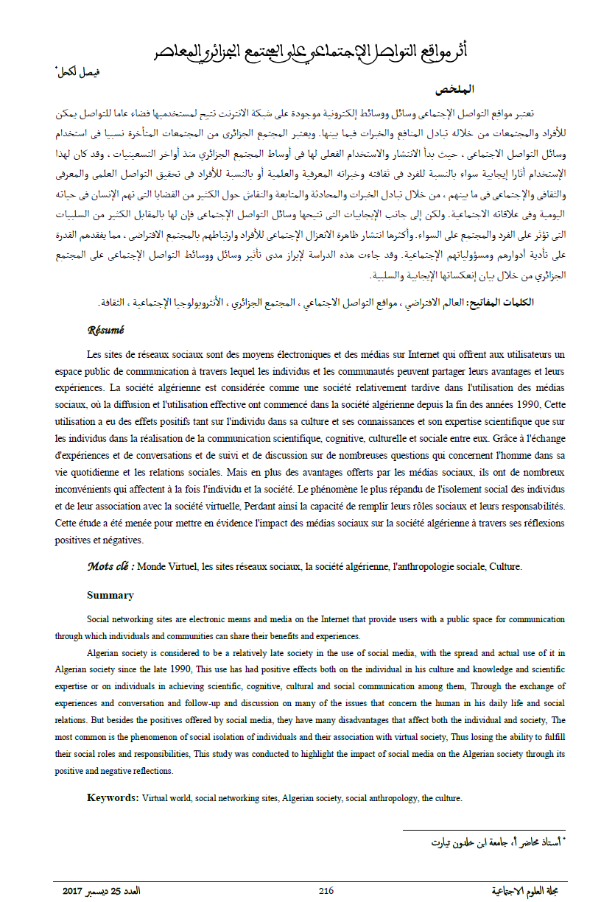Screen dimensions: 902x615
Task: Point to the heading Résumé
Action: point(105,331)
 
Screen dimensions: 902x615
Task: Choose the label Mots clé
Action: point(110,567)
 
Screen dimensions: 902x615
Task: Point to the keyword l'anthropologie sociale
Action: point(437,567)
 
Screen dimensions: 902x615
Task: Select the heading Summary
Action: point(110,595)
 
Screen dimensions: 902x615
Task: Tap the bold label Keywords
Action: point(112,797)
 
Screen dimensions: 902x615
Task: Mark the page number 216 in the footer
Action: point(326,891)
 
